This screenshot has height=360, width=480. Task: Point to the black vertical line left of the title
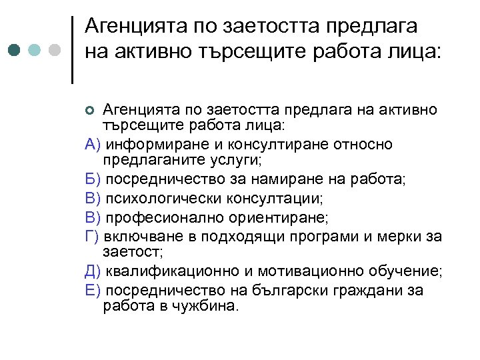(x=71, y=49)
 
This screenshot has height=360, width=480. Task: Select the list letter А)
(x=93, y=145)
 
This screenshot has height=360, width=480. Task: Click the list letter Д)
(x=94, y=271)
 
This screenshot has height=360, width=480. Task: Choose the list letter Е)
(x=93, y=290)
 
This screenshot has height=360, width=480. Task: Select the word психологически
(x=158, y=199)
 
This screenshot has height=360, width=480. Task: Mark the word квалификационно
(x=166, y=271)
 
